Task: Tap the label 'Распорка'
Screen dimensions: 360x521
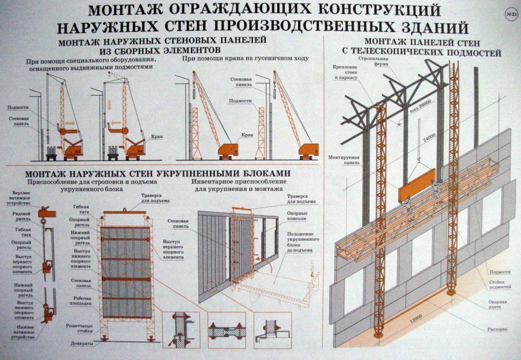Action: pyautogui.click(x=497, y=328)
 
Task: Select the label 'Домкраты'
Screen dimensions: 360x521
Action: pyautogui.click(x=81, y=344)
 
